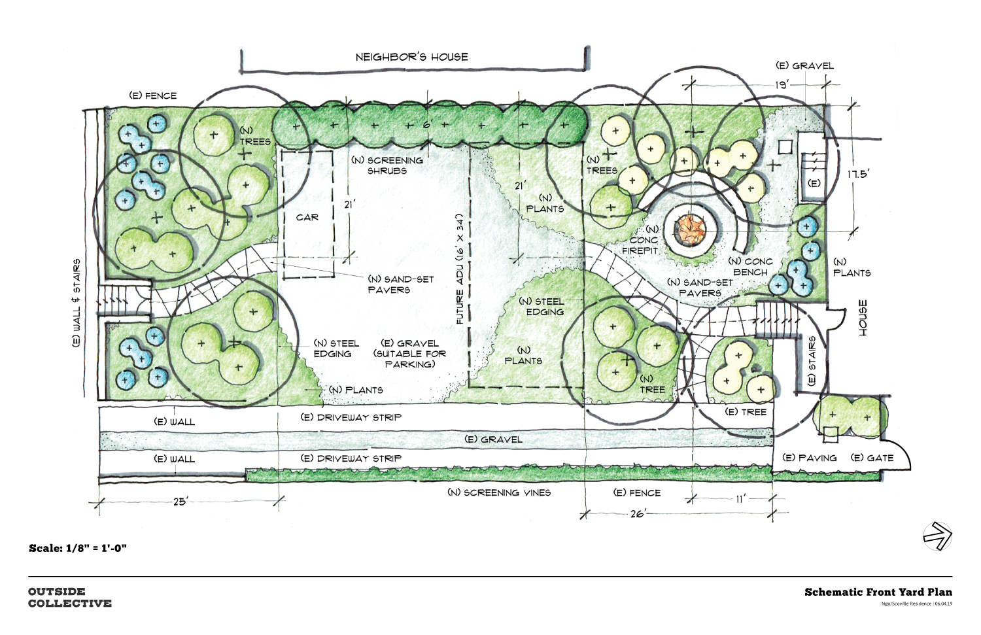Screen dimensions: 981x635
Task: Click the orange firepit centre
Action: pyautogui.click(x=691, y=228)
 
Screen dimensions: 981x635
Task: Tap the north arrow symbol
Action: pyautogui.click(x=937, y=536)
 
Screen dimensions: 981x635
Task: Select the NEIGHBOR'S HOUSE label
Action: pyautogui.click(x=411, y=57)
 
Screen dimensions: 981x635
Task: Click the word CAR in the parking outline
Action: pyautogui.click(x=307, y=217)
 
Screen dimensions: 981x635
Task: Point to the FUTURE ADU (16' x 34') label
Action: pyautogui.click(x=460, y=268)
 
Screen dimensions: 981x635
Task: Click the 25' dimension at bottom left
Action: pyautogui.click(x=181, y=502)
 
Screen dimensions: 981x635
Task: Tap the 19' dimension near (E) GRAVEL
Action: pyautogui.click(x=782, y=84)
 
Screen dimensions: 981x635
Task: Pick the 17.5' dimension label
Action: pyautogui.click(x=858, y=174)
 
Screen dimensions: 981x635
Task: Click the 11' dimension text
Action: pyautogui.click(x=740, y=499)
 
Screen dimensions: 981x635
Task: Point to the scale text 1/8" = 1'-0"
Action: pyautogui.click(x=78, y=548)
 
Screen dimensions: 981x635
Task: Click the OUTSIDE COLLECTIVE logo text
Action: pyautogui.click(x=69, y=597)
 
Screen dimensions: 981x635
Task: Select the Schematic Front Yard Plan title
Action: pyautogui.click(x=878, y=592)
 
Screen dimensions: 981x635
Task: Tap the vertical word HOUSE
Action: pyautogui.click(x=863, y=318)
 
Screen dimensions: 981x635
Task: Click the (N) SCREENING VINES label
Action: pyautogui.click(x=499, y=492)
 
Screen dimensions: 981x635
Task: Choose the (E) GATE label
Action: pyautogui.click(x=872, y=458)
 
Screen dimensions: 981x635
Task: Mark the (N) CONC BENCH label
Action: pyautogui.click(x=750, y=266)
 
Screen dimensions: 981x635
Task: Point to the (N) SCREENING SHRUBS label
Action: pyautogui.click(x=387, y=165)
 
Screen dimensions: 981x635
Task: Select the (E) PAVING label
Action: pyautogui.click(x=810, y=458)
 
